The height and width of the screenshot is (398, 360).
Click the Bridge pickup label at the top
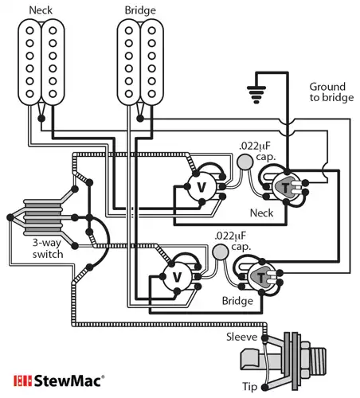point(139,10)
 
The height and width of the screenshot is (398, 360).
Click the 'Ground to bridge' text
point(327,92)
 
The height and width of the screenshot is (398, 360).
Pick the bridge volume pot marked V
point(176,276)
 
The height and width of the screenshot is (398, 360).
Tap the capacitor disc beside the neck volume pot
point(245,163)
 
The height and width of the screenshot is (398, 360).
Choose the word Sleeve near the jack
point(243,337)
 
